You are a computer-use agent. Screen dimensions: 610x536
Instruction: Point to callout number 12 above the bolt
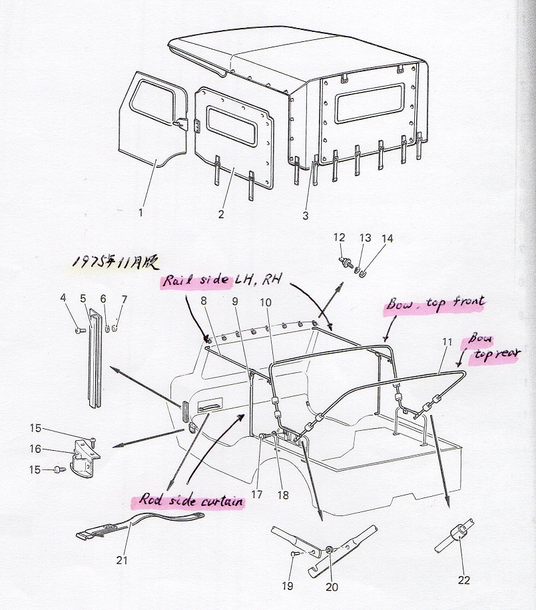point(340,238)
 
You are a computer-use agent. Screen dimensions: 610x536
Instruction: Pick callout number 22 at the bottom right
point(463,580)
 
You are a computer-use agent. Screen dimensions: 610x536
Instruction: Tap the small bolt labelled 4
point(79,329)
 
